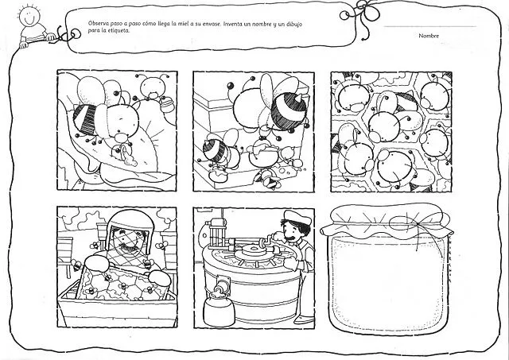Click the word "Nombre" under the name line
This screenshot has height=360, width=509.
tap(429, 36)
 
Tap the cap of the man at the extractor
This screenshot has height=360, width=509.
tap(297, 217)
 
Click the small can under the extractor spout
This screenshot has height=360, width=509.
tap(219, 311)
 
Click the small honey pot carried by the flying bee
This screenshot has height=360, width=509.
tap(167, 104)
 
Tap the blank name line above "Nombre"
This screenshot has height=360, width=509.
tap(430, 26)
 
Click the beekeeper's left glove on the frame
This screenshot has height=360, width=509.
tap(97, 263)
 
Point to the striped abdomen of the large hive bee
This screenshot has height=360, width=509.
tap(289, 110)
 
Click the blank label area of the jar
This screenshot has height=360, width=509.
tap(388, 282)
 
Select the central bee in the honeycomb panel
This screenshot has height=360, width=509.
tap(383, 126)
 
